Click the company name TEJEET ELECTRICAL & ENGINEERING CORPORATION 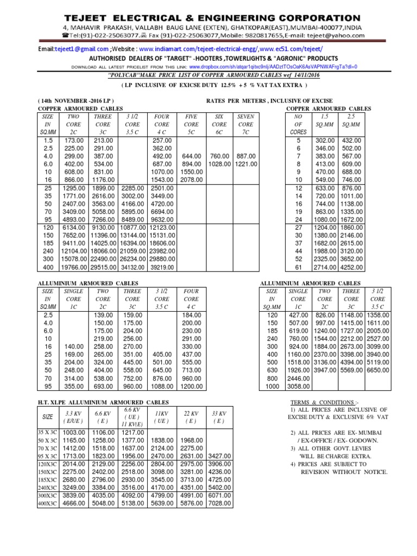[x=208, y=18]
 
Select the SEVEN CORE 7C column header [x=245, y=124]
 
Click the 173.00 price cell [x=77, y=140]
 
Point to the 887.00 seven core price [x=245, y=156]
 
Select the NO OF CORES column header [x=299, y=124]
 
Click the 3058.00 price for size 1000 [x=299, y=386]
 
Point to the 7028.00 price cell [x=220, y=503]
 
